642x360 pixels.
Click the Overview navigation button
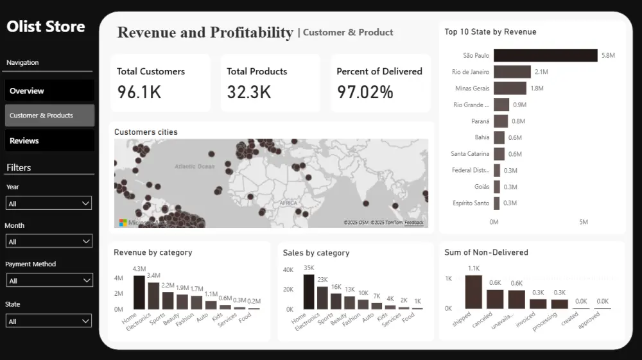[x=49, y=90]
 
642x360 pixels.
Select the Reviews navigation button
[x=49, y=141]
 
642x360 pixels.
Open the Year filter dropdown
[x=49, y=203]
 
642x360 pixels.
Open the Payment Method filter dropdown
[x=49, y=280]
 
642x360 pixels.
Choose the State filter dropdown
[x=49, y=321]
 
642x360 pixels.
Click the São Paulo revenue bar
[x=545, y=56]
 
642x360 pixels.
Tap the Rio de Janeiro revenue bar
[x=512, y=72]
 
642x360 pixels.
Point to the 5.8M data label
[x=608, y=56]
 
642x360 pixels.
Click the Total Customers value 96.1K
[x=139, y=92]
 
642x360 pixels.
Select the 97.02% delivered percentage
[x=365, y=92]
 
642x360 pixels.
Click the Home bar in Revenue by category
[x=139, y=293]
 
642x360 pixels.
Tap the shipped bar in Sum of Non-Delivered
[x=473, y=292]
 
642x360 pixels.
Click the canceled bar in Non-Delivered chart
[x=495, y=299]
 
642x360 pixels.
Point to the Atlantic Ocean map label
[x=195, y=167]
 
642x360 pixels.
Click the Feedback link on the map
[x=413, y=223]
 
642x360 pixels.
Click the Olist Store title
[x=46, y=27]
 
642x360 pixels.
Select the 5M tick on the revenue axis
[x=583, y=222]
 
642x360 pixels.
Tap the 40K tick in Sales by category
[x=288, y=270]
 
